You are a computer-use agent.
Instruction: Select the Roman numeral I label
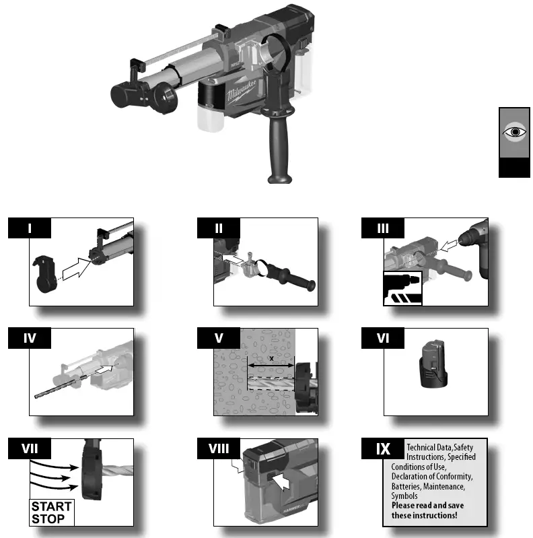click(30, 228)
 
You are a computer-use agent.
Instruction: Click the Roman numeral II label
click(219, 228)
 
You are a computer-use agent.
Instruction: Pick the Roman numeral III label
click(384, 228)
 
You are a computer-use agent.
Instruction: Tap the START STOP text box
click(51, 512)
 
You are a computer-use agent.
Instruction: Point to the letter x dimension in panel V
click(271, 360)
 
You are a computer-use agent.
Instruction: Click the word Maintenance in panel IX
click(441, 486)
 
